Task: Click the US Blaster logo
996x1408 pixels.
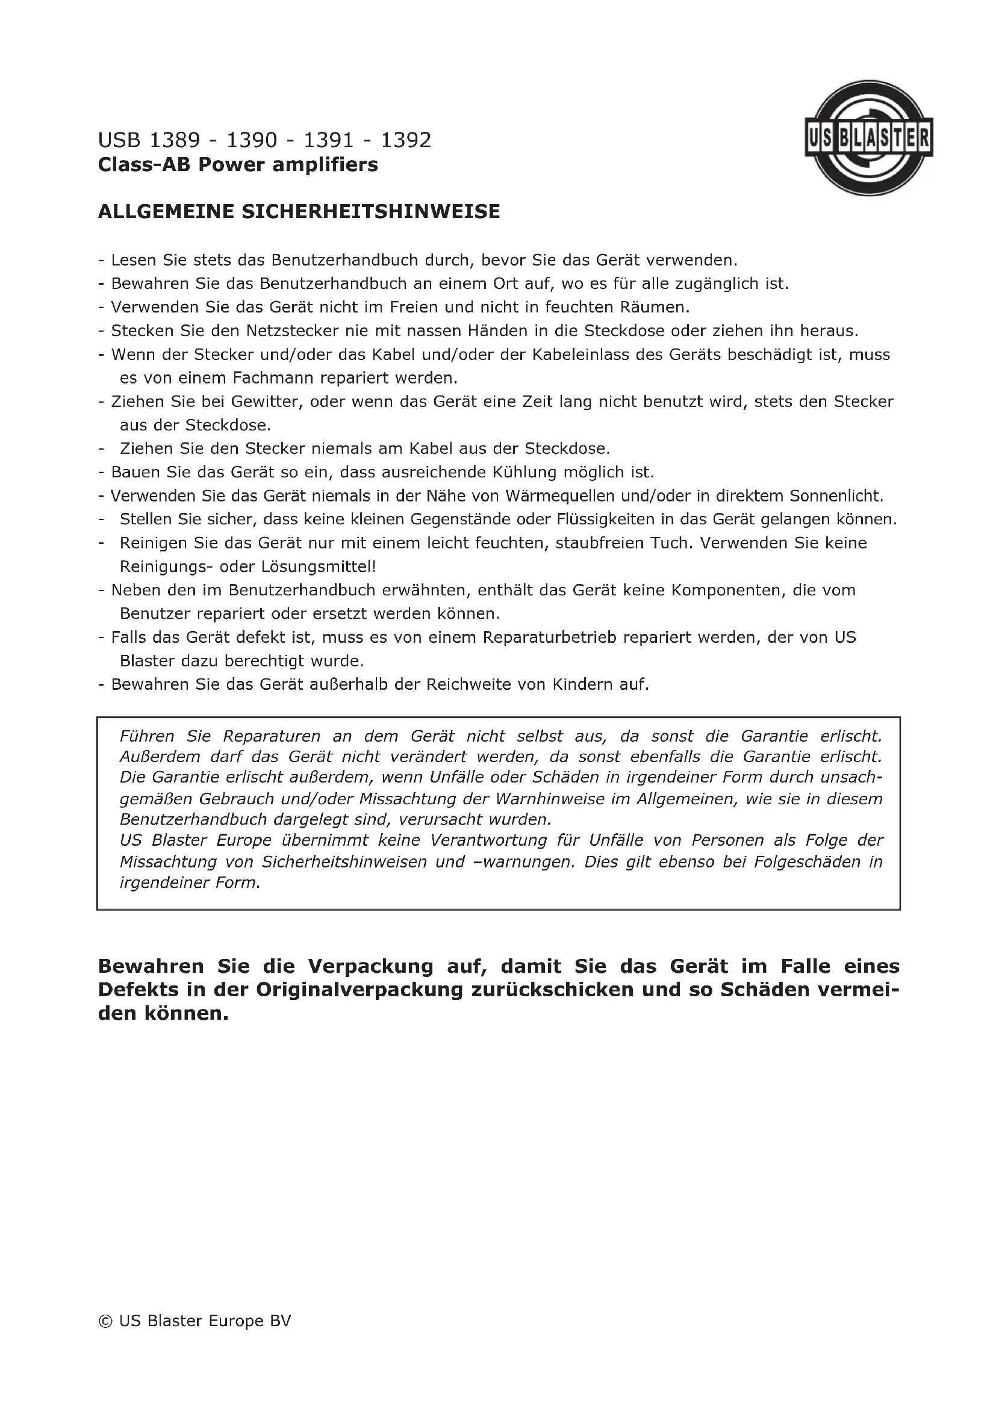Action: (x=868, y=138)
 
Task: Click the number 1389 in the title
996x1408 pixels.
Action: (x=175, y=140)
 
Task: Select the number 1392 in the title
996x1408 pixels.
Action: (x=406, y=140)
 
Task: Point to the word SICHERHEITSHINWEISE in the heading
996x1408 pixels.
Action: (x=371, y=211)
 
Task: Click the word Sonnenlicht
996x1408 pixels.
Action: (x=836, y=496)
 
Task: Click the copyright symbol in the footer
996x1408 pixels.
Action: (x=105, y=1321)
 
